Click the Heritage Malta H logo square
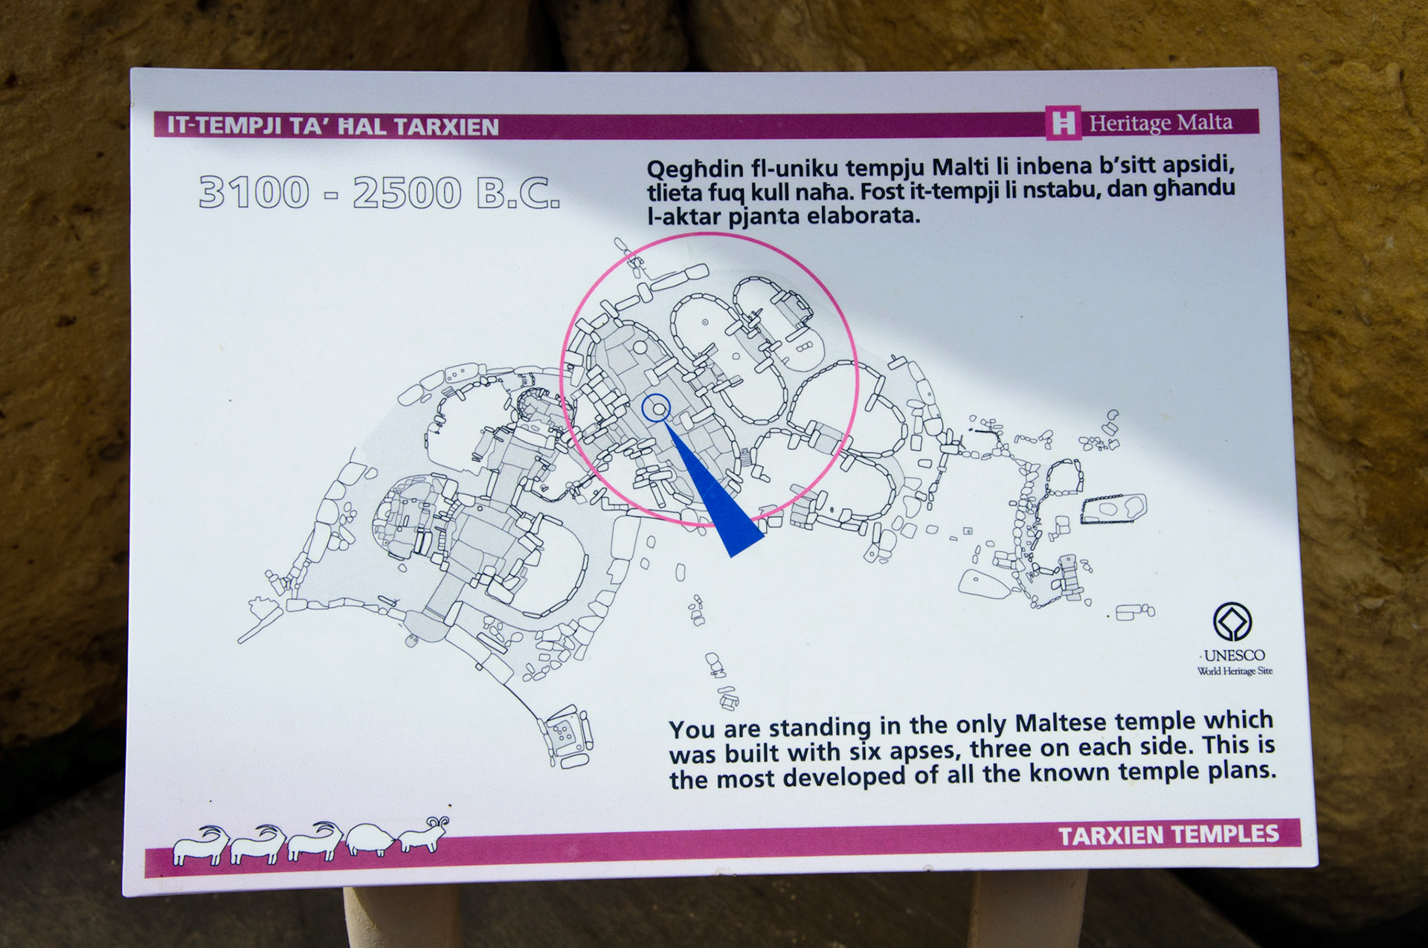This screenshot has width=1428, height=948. [1064, 122]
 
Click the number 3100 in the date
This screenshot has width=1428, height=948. [254, 192]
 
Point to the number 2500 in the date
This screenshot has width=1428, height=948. [407, 193]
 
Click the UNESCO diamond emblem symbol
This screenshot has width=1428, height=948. [1232, 622]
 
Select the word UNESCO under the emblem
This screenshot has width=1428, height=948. [1234, 655]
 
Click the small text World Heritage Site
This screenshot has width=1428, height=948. [1235, 671]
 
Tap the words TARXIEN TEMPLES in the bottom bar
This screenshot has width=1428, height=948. [1168, 835]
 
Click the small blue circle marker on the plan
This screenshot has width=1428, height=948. [656, 408]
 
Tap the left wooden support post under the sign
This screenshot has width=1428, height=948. [402, 918]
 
